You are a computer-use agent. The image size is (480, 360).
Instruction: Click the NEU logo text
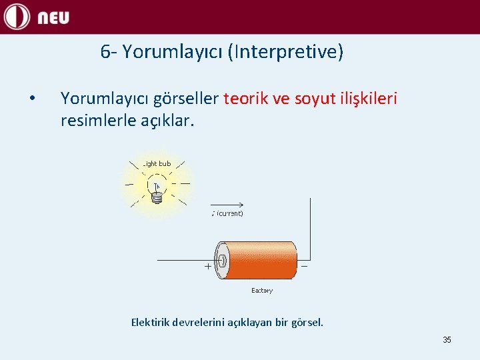click(x=53, y=17)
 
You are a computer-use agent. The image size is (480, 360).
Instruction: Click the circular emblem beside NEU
click(x=17, y=17)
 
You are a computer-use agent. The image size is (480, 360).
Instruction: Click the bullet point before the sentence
click(x=32, y=99)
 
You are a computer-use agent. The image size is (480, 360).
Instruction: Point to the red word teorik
click(x=247, y=99)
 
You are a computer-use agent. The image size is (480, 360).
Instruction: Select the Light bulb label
click(x=157, y=164)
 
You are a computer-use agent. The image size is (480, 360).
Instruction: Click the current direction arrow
click(x=229, y=205)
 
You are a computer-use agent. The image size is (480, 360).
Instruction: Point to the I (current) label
click(x=227, y=214)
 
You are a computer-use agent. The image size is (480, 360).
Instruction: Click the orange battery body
click(x=261, y=260)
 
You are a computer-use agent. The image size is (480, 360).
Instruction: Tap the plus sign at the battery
click(x=207, y=266)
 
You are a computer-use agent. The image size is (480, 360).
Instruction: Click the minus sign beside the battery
click(x=305, y=265)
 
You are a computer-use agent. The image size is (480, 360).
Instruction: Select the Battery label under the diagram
click(x=261, y=291)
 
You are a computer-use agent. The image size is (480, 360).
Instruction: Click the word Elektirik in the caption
click(x=150, y=323)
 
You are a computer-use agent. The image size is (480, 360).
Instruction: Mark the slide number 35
click(x=447, y=340)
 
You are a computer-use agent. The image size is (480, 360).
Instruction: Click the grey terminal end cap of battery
click(x=221, y=260)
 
